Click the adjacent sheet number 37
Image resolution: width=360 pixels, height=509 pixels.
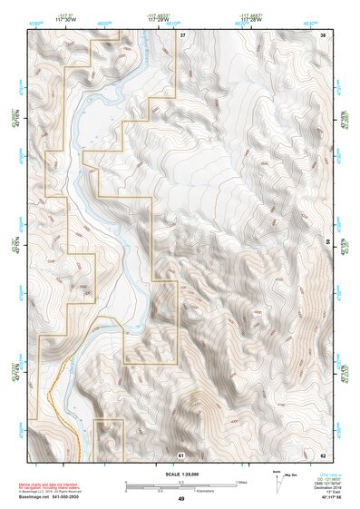pos(182,34)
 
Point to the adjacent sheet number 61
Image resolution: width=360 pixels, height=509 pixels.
pos(181,454)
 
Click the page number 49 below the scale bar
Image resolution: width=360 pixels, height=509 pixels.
pos(180,499)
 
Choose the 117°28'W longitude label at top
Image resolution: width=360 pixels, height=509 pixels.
pos(251,17)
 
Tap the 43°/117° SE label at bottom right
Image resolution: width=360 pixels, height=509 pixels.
pos(320,499)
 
